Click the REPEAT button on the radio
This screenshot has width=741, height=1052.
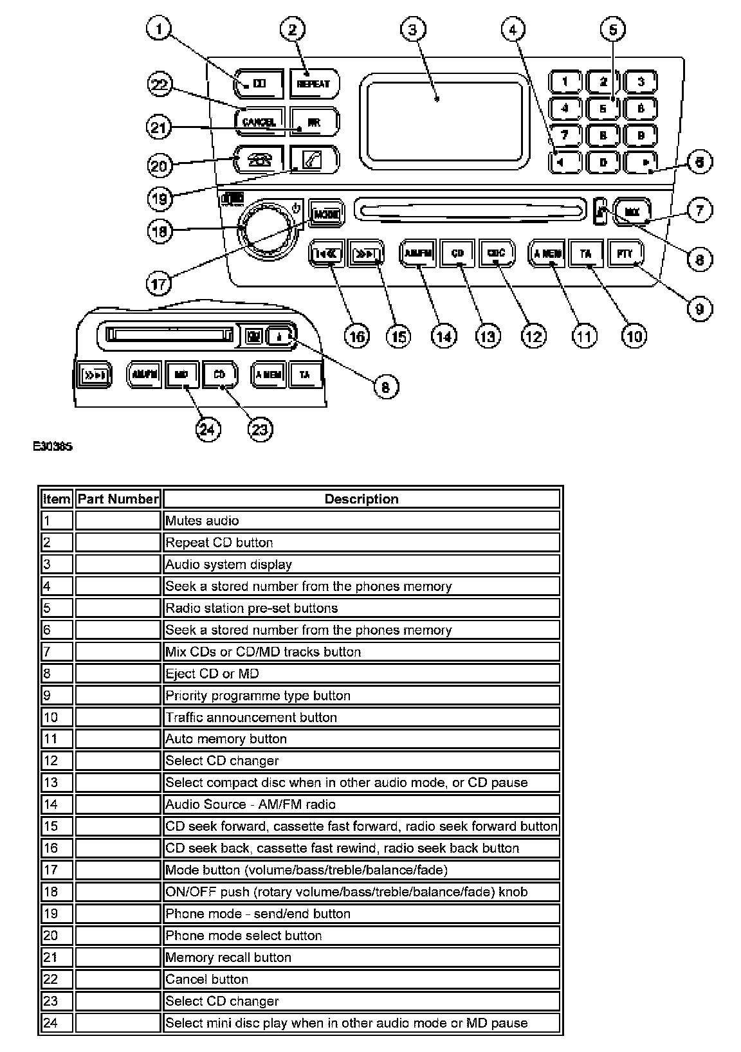click(x=313, y=84)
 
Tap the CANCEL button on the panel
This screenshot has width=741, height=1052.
click(x=259, y=122)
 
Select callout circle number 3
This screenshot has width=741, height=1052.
click(x=413, y=29)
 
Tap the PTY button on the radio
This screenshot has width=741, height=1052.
click(x=625, y=253)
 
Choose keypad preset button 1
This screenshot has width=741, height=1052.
click(x=565, y=82)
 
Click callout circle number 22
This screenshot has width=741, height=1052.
click(x=161, y=86)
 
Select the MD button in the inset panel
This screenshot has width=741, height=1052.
click(x=181, y=374)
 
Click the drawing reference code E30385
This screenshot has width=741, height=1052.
click(x=53, y=446)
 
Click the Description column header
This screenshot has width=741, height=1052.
click(x=361, y=499)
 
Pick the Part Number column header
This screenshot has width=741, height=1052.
click(x=118, y=499)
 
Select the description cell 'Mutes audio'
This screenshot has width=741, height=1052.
click(x=202, y=521)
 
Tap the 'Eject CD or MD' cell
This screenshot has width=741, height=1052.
click(x=212, y=673)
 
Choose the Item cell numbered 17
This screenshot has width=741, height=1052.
click(x=50, y=870)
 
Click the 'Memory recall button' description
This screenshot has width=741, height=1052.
click(x=228, y=957)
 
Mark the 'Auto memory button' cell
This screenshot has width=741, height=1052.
click(x=226, y=739)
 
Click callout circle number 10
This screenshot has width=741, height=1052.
click(x=634, y=335)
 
